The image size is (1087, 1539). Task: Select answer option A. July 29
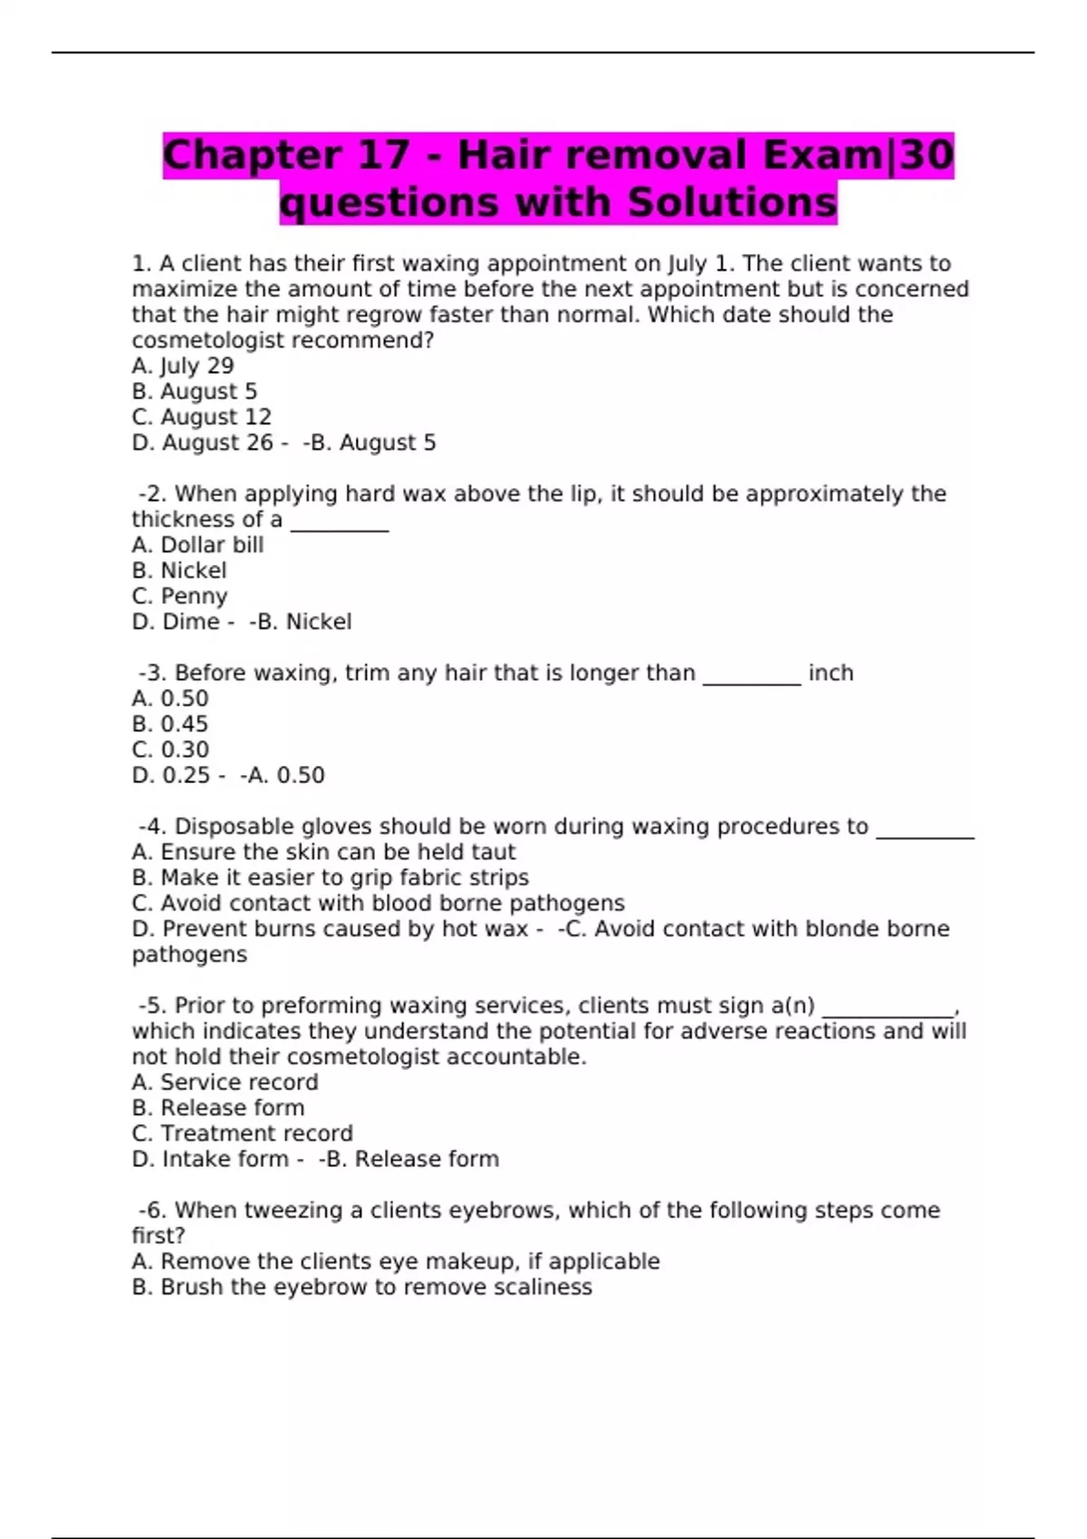coord(183,366)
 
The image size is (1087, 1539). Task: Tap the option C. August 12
coord(201,417)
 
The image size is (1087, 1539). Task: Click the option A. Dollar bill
coord(197,545)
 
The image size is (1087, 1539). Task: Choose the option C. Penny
coord(179,597)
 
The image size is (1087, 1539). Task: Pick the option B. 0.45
coord(170,724)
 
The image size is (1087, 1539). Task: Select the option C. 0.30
coord(170,750)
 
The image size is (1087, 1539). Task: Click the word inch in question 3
coord(831,674)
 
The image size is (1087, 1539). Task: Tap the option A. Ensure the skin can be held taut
coord(323,852)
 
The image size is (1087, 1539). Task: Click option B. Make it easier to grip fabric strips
coord(330,877)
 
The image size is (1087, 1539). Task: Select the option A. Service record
coord(225,1082)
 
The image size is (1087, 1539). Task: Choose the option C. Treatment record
coord(242,1133)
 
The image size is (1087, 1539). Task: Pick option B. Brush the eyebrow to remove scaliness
coord(361,1287)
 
